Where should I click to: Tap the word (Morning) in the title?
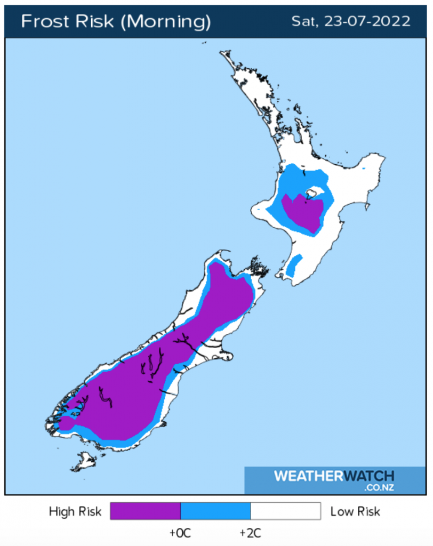165,21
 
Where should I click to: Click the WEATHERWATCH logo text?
334,476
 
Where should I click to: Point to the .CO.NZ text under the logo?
379,487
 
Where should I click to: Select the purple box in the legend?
145,511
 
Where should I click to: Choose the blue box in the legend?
215,511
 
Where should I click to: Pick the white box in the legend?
285,511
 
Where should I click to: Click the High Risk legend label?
75,512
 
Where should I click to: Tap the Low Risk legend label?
355,512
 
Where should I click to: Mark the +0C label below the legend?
180,533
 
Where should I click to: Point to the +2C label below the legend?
250,533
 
